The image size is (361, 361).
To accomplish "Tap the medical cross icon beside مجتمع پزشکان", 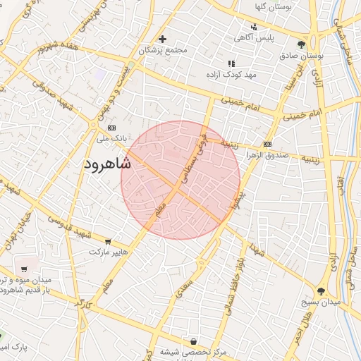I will click(x=163, y=39).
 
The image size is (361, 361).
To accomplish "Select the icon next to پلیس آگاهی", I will click(x=254, y=27).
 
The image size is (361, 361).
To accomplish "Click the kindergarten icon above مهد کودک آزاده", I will click(x=232, y=63).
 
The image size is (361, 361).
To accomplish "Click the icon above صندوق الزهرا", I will click(x=267, y=144).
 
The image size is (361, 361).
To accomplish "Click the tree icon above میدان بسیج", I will click(x=322, y=290).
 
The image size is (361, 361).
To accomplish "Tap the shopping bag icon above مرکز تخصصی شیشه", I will click(x=194, y=341).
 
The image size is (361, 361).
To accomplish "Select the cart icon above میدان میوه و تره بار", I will click(x=25, y=269).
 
